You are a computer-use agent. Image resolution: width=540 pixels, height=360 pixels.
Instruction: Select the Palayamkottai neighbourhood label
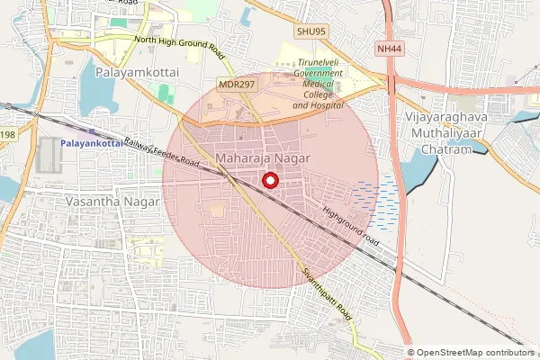pyautogui.click(x=137, y=69)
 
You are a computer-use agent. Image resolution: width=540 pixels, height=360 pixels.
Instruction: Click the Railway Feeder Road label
pyautogui.click(x=162, y=154)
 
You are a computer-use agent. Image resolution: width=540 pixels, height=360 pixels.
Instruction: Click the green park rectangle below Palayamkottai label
pyautogui.click(x=164, y=93)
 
